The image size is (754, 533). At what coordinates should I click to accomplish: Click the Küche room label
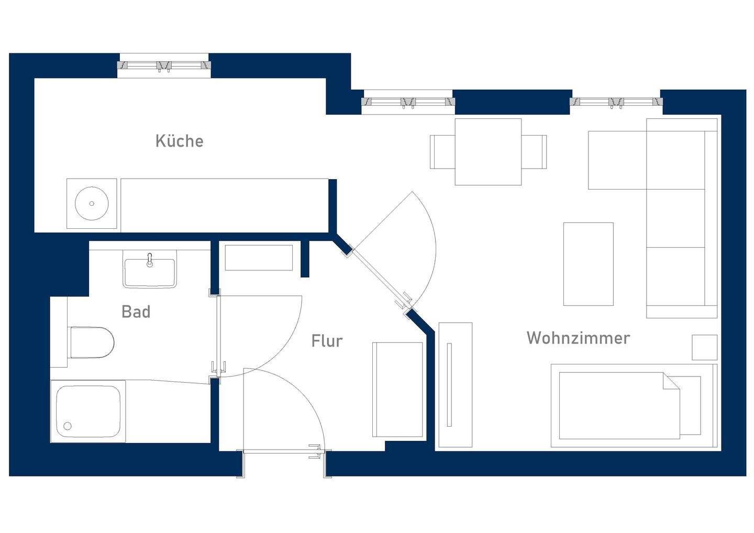pos(179,141)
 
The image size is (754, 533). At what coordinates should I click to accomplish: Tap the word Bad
pos(136,312)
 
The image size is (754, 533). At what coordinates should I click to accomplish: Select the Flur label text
pos(327,341)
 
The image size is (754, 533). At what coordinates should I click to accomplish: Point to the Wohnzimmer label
pos(578,338)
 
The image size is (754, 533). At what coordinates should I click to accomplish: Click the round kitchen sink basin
pos(92,204)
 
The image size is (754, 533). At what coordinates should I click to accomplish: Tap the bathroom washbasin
pos(150,271)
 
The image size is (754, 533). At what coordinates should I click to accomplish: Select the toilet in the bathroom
pos(92,342)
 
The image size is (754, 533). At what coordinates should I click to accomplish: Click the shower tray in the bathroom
pos(88,412)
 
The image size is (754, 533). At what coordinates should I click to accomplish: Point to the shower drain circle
pos(68,426)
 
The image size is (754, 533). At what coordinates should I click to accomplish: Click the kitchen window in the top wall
pos(164,65)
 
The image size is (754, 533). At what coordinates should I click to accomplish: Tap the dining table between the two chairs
pos(488,152)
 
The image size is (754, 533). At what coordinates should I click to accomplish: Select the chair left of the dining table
pos(442,152)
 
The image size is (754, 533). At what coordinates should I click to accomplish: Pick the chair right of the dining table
pos(534,152)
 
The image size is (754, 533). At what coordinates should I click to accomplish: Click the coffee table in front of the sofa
pos(588,264)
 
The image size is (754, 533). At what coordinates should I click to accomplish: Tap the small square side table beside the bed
pos(704,348)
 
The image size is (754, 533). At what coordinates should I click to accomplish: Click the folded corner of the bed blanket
pos(672,381)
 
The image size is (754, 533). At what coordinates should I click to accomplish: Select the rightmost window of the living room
pos(616,102)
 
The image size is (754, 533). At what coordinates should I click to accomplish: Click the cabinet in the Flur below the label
pos(397,390)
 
